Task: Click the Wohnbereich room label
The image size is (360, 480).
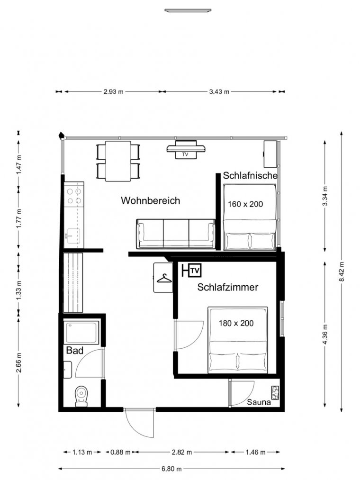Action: (150, 201)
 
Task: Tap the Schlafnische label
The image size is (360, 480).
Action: (250, 176)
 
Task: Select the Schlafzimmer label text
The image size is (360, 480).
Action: (228, 287)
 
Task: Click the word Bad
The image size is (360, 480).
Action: (75, 351)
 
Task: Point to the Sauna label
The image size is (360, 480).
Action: (259, 402)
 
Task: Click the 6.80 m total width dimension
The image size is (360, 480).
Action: (171, 469)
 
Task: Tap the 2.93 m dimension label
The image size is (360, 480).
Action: (113, 91)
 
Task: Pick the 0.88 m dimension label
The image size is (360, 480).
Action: (120, 452)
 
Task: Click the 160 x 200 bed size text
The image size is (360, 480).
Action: (245, 204)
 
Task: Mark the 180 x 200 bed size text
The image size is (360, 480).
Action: (236, 323)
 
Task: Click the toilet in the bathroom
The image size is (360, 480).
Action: (81, 397)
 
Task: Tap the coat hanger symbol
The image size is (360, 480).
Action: (164, 278)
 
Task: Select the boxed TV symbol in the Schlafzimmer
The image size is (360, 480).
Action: (195, 271)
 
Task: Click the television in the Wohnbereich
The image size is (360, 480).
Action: (186, 150)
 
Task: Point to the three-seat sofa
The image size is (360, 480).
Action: (176, 234)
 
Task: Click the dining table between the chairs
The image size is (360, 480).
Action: (118, 161)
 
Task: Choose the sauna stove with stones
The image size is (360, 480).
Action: (275, 392)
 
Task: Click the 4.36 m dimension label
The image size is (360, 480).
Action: (325, 334)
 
